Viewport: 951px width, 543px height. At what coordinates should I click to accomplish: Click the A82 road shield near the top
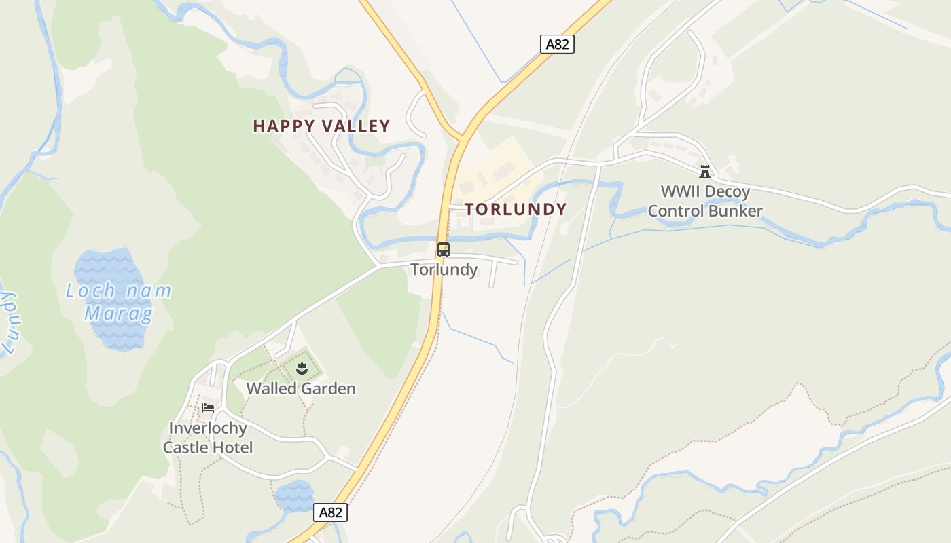coord(557,44)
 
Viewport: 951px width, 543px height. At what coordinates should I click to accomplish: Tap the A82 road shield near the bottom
coord(330,512)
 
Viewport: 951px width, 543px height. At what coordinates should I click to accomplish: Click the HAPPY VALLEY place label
coord(321,126)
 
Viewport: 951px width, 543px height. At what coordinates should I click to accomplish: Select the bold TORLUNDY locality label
coord(516,209)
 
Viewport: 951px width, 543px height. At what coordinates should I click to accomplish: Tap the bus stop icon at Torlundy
coord(443,250)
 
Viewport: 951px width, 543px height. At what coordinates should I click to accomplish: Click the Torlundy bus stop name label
coord(444,269)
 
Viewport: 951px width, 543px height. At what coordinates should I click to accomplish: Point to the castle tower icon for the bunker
coord(705,172)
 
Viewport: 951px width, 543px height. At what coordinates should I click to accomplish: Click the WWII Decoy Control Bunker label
coord(705,201)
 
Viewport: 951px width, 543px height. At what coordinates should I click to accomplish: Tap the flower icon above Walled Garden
coord(302,369)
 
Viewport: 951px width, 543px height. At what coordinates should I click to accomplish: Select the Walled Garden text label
coord(301,389)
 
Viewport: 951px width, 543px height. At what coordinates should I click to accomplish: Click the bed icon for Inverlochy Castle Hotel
coord(208,407)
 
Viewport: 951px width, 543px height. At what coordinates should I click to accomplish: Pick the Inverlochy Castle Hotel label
coord(208,438)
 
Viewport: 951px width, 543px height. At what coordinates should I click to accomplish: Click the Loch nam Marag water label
coord(118,302)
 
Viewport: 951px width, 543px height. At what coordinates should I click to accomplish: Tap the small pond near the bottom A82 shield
coord(294,495)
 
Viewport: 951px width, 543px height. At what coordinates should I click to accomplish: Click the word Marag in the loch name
coord(118,314)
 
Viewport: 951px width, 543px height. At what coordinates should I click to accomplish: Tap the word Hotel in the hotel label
coord(232,447)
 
